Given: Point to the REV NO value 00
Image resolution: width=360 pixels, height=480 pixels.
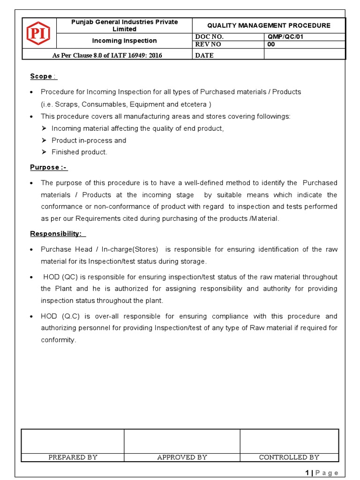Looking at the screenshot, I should (x=271, y=45).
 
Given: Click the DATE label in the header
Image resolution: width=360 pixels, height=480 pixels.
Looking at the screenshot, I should (x=204, y=55).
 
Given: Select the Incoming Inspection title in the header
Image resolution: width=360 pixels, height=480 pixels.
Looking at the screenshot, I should (x=124, y=41).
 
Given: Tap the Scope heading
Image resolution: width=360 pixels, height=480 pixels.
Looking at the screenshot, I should (x=41, y=76).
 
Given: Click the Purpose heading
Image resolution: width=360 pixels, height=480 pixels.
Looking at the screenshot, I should (x=48, y=167).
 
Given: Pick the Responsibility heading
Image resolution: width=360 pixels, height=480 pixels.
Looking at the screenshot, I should (x=56, y=233).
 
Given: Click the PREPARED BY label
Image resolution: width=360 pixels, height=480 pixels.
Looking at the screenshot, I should (x=73, y=457).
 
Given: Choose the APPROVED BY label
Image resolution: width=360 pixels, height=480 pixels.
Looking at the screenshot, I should (x=182, y=457).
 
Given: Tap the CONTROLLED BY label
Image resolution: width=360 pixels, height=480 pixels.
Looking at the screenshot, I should (x=289, y=457).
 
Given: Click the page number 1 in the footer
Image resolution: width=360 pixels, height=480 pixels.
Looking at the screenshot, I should (x=307, y=472).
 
